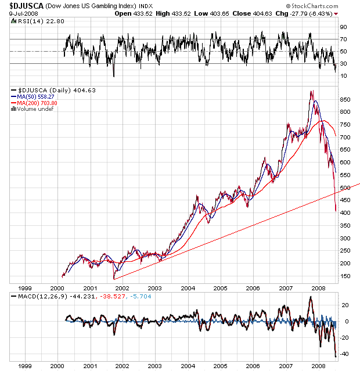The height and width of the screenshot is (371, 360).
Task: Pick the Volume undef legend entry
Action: tap(35, 109)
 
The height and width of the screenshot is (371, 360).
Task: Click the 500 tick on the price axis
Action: tap(344, 188)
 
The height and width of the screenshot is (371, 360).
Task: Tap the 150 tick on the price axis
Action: tap(344, 276)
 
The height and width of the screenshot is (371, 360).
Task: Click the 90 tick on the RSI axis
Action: tap(343, 27)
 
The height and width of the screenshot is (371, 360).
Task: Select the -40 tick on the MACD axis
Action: tap(344, 354)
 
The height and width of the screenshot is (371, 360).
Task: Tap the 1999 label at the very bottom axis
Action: tap(24, 366)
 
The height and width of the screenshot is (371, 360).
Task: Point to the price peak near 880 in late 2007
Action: tap(312, 91)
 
